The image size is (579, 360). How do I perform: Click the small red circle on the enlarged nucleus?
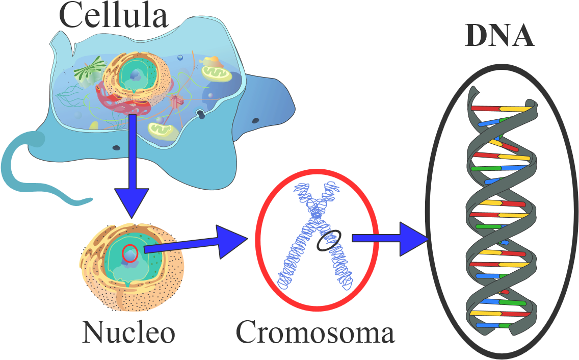click(130, 253)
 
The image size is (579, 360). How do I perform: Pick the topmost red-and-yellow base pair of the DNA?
click(502, 109)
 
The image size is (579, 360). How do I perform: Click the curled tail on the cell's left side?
click(20, 173)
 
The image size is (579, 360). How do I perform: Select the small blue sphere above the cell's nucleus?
click(180, 58)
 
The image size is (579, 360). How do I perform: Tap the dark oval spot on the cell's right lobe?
click(255, 121)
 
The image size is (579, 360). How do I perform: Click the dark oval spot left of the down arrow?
click(116, 148)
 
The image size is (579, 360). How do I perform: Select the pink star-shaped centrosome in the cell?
click(177, 100)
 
